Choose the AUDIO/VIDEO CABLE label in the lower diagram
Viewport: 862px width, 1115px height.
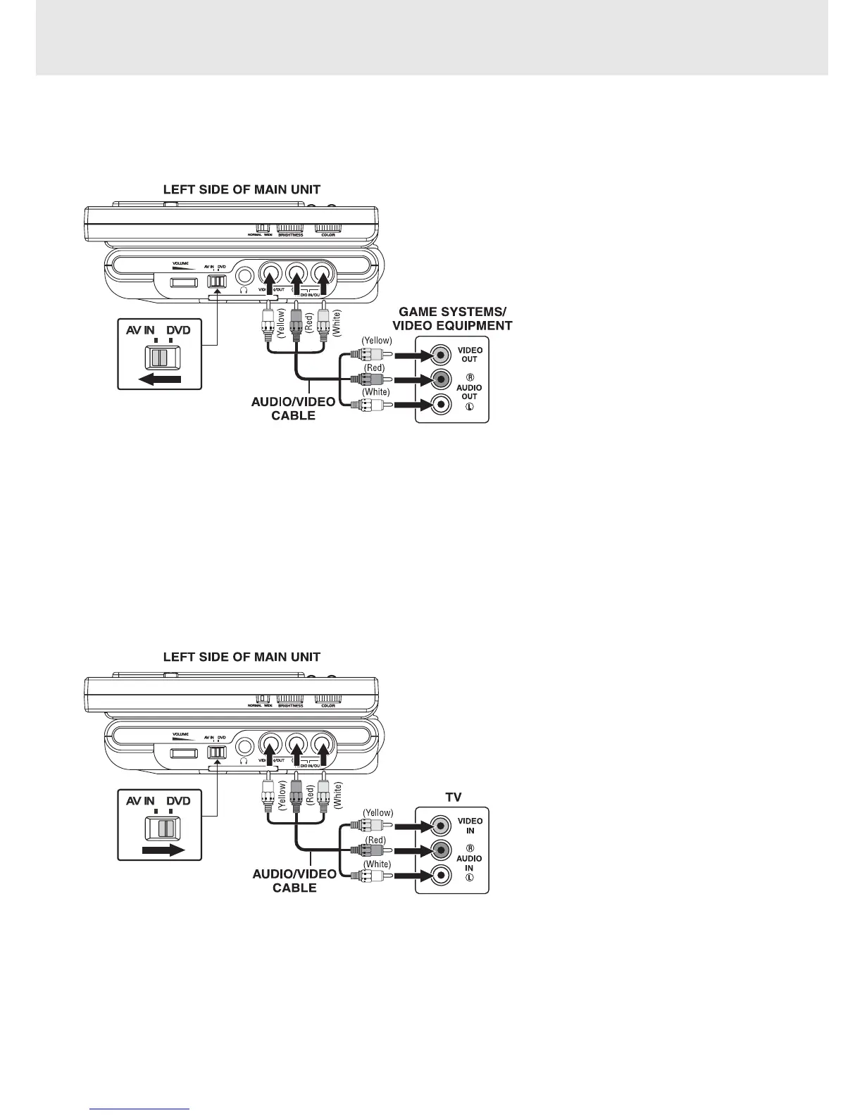[295, 881]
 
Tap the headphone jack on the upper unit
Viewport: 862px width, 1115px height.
[244, 277]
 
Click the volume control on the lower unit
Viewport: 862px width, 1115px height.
[185, 753]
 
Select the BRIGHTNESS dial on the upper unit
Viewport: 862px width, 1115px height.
[289, 228]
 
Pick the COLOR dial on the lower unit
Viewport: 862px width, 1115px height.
[327, 699]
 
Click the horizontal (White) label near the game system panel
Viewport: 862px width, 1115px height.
[375, 392]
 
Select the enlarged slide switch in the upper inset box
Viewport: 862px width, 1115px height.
[161, 358]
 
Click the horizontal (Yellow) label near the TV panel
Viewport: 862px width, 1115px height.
[378, 813]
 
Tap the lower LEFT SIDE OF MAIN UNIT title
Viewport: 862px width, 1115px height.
[242, 657]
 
